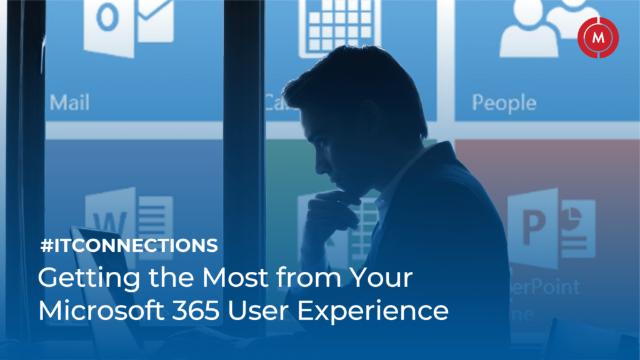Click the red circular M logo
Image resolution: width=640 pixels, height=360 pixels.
pyautogui.click(x=598, y=37)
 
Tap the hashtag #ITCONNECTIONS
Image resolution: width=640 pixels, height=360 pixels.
pyautogui.click(x=128, y=246)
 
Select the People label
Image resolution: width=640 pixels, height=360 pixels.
pyautogui.click(x=504, y=102)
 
